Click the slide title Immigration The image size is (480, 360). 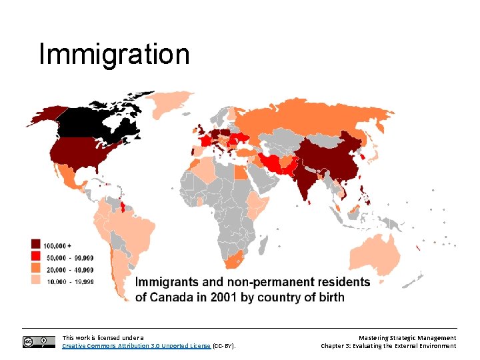tap(114, 54)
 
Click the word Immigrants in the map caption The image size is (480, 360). tap(167, 282)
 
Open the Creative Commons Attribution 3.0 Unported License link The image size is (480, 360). tap(136, 346)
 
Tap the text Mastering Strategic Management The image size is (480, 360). tap(407, 338)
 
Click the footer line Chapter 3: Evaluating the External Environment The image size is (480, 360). tap(388, 346)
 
